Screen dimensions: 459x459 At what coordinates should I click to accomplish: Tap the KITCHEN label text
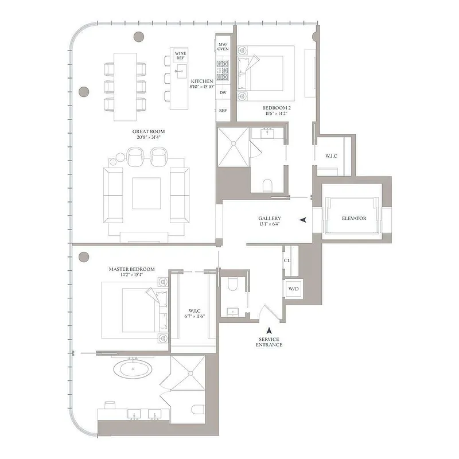pyautogui.click(x=202, y=81)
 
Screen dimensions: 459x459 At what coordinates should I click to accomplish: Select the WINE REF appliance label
pyautogui.click(x=180, y=56)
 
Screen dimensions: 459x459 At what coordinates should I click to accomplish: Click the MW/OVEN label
pyautogui.click(x=223, y=46)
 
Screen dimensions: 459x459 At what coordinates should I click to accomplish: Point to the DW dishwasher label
pyautogui.click(x=223, y=92)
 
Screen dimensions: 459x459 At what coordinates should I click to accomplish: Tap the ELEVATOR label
pyautogui.click(x=353, y=219)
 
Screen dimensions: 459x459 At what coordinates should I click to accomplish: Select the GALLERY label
pyautogui.click(x=269, y=219)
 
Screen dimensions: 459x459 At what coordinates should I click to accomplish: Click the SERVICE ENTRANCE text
pyautogui.click(x=269, y=342)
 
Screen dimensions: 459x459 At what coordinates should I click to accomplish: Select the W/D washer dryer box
pyautogui.click(x=293, y=289)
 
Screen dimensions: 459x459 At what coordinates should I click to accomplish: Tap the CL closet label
pyautogui.click(x=287, y=260)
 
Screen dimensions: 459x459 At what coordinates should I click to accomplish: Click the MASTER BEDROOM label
pyautogui.click(x=132, y=269)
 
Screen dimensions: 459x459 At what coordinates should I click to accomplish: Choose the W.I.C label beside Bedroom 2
pyautogui.click(x=332, y=155)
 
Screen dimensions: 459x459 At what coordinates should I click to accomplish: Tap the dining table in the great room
pyautogui.click(x=125, y=87)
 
